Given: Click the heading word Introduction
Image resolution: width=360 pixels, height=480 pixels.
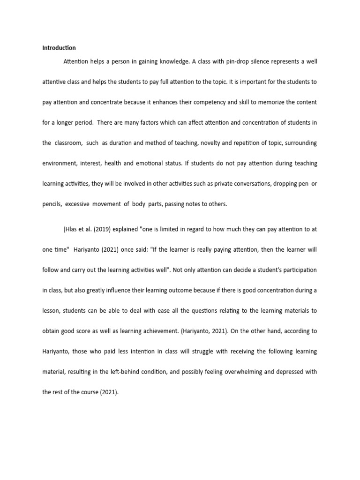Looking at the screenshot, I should pos(59,48).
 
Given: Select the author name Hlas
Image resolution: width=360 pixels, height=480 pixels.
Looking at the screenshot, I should pos(71,229).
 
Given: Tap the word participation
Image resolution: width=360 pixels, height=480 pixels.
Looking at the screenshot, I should pos(300,270).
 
